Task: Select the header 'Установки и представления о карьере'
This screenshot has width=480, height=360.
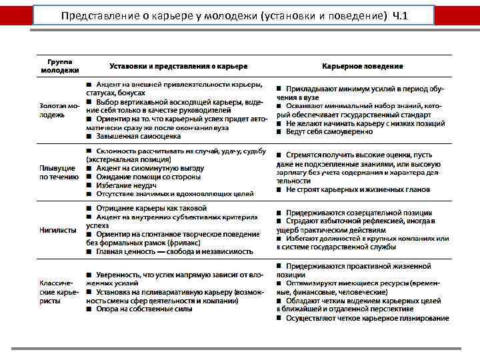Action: [x=178, y=66]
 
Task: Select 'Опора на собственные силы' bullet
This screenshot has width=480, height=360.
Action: [x=144, y=309]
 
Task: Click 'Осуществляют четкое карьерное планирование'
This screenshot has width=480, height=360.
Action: [x=367, y=318]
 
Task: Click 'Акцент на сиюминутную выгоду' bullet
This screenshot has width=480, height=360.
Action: [x=150, y=168]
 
